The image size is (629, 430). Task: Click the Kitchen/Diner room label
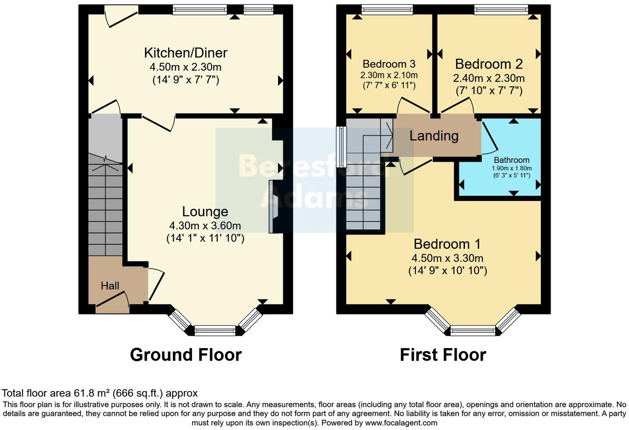(185, 53)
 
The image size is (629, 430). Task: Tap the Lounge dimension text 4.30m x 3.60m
(205, 226)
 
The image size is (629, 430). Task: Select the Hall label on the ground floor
(110, 286)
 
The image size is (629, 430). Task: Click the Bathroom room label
(511, 160)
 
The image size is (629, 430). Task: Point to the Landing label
(434, 136)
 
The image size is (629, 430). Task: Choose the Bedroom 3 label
(389, 64)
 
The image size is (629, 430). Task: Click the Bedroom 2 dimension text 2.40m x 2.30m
(489, 78)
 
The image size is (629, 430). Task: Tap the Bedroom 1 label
(447, 244)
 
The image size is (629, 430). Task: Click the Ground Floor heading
(185, 355)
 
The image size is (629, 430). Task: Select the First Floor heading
(443, 355)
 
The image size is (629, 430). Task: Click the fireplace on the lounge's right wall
(273, 207)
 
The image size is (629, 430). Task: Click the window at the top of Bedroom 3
(387, 9)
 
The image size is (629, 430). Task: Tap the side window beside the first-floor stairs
(341, 147)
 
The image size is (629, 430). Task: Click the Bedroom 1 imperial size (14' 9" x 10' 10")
(447, 271)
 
